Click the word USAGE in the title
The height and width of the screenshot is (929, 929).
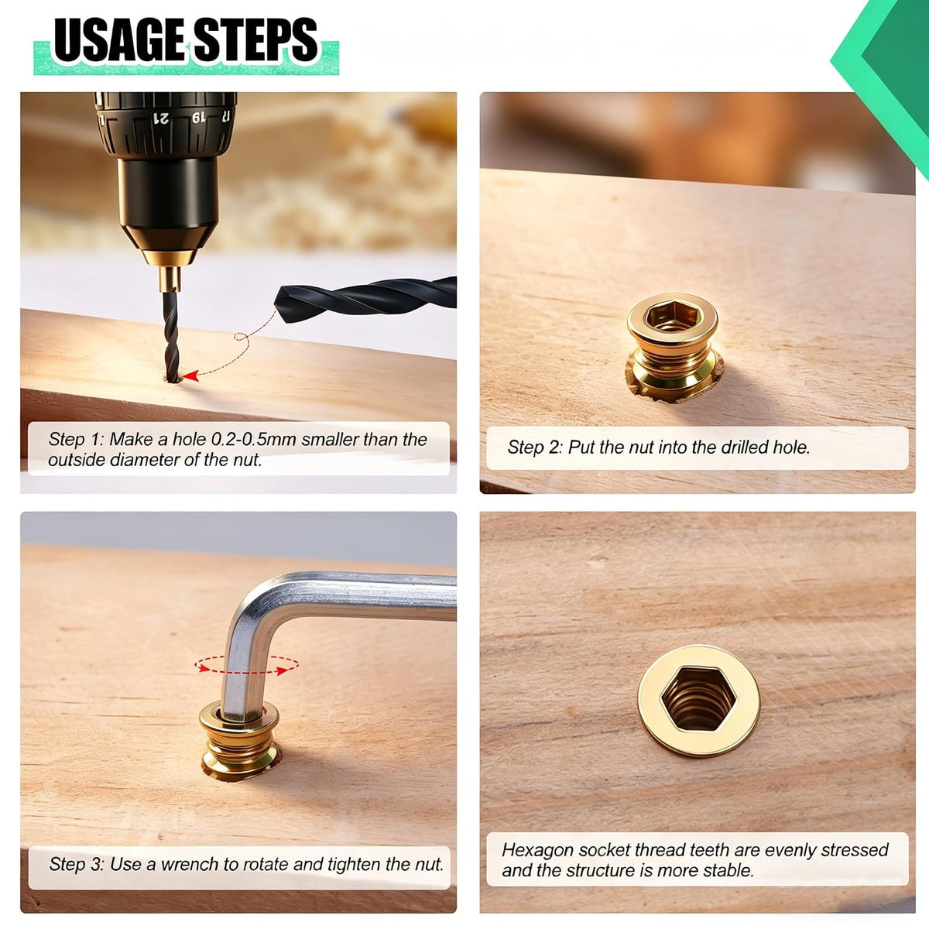(x=119, y=39)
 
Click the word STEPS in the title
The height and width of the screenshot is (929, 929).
(x=255, y=39)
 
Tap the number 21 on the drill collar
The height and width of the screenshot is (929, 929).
(x=161, y=118)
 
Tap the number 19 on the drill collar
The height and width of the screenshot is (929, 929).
(x=198, y=118)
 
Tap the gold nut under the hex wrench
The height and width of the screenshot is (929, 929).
(x=239, y=741)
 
